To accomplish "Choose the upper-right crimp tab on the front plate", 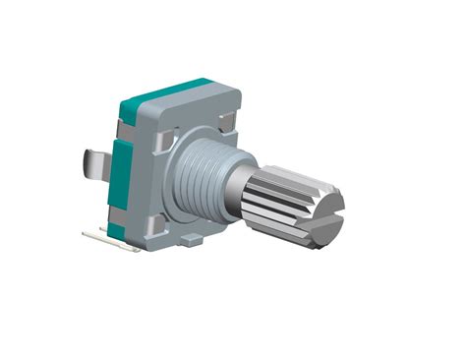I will coord(225,122).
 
